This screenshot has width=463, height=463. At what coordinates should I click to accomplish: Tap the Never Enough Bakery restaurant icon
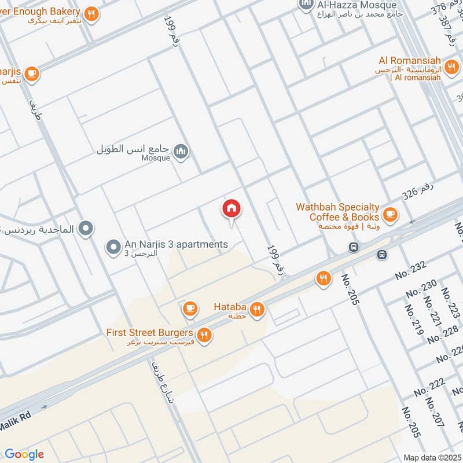91,14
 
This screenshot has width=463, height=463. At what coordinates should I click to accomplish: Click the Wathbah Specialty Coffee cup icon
390,214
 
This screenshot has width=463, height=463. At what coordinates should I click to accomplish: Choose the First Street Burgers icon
203,335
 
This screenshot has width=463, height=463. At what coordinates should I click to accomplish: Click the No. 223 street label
450,303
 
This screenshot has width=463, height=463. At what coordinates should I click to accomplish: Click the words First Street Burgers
149,333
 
